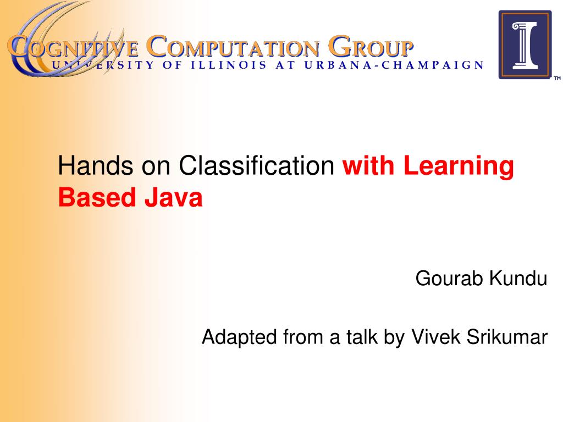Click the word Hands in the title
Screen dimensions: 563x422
point(96,165)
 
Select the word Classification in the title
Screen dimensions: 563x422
point(257,165)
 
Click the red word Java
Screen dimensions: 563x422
point(173,197)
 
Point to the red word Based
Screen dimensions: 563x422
point(97,197)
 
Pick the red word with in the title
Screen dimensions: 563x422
point(368,165)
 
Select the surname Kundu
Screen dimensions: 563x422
point(518,278)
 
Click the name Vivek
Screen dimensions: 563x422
point(435,337)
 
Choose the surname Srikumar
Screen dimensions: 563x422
point(507,337)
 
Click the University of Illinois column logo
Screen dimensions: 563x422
point(525,45)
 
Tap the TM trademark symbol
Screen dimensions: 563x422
point(557,78)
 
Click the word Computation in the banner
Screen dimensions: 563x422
point(233,47)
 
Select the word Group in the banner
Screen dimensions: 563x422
point(371,47)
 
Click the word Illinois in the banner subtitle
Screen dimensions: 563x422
point(229,65)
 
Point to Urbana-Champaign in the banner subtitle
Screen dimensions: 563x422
point(394,65)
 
